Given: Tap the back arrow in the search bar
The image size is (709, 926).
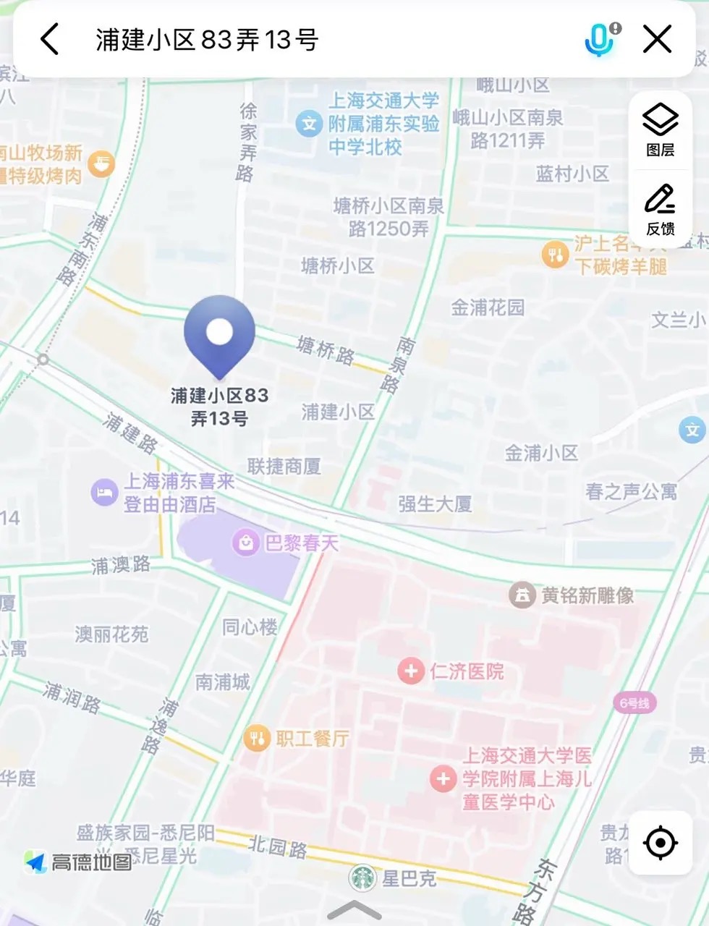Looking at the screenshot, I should (x=49, y=39).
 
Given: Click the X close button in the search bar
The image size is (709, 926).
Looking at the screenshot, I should (x=657, y=39).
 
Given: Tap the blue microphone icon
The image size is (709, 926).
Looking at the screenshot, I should (x=599, y=39).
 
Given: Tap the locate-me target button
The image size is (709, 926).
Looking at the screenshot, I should (x=660, y=843).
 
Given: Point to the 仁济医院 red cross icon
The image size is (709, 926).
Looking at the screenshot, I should (x=410, y=671).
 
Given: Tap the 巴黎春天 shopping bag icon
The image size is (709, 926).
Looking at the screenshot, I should (x=246, y=543).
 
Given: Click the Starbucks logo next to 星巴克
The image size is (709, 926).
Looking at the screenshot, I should (x=362, y=878).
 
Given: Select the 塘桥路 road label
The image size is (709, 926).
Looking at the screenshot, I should (x=326, y=351).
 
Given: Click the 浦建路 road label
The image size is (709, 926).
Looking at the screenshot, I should (x=130, y=432).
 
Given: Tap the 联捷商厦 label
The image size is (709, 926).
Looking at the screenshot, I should (x=284, y=467).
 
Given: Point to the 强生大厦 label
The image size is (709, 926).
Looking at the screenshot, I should (x=435, y=504).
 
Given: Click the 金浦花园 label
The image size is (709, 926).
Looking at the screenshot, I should (x=488, y=307).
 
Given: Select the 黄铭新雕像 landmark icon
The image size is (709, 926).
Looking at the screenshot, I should (x=521, y=595).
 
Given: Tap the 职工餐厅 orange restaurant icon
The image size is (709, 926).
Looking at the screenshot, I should (x=256, y=739).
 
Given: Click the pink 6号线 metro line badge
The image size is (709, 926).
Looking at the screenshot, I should (x=634, y=702).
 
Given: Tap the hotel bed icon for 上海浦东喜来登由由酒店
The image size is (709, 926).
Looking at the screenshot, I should (x=104, y=493).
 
